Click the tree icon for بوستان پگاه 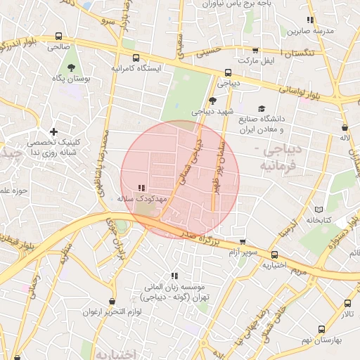tap(71, 68)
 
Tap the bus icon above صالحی tap(58, 36)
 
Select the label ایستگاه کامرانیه tap(136, 69)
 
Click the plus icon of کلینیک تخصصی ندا tap(53, 131)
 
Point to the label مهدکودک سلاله tap(141, 200)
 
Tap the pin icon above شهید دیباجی tap(212, 101)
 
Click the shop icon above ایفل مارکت tap(255, 51)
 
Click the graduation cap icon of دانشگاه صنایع tap(262, 109)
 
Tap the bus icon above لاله tap(345, 128)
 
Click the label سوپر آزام tap(244, 251)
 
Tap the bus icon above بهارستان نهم tap(322, 328)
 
